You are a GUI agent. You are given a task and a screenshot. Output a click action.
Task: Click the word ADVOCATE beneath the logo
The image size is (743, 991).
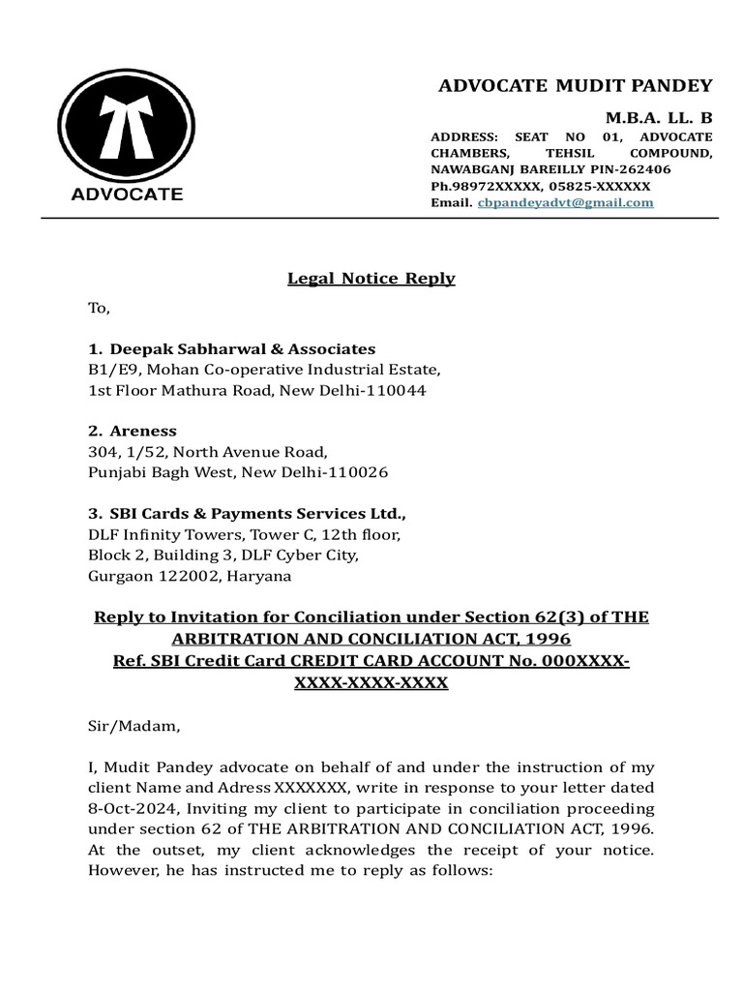click(x=127, y=194)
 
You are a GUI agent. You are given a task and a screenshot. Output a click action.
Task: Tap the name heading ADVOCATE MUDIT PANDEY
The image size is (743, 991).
click(x=575, y=85)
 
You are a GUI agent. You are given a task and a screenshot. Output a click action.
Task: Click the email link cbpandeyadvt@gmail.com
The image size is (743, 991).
click(x=566, y=203)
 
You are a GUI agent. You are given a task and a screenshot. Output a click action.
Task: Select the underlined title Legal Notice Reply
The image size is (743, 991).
click(x=371, y=279)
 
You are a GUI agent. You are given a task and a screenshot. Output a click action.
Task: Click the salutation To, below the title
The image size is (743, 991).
click(x=100, y=309)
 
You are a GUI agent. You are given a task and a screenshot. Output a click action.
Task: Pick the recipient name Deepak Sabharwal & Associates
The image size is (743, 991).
click(x=242, y=348)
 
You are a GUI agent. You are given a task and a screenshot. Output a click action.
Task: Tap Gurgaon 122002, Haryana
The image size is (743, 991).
click(x=189, y=576)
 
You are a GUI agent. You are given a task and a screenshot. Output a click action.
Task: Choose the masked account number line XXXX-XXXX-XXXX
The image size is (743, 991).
click(x=371, y=682)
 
